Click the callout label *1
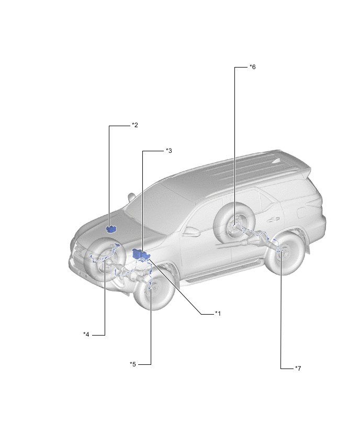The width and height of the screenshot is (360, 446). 218,313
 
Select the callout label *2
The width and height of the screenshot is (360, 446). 135,125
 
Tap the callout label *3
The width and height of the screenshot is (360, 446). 169,151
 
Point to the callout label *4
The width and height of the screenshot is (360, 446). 86,334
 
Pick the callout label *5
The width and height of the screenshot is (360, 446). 133,364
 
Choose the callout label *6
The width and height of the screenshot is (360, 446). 253,67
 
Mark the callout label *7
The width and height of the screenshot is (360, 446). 298,369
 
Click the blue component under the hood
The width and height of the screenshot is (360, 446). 111,229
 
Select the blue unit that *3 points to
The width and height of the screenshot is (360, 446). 140,254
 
